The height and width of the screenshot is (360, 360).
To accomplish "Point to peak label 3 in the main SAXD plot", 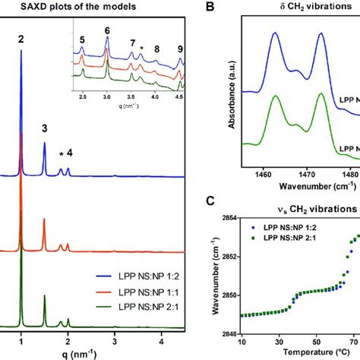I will (44, 128).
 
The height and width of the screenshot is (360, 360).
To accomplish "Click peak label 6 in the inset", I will (107, 30).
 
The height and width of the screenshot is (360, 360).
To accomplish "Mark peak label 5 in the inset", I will (83, 49).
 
